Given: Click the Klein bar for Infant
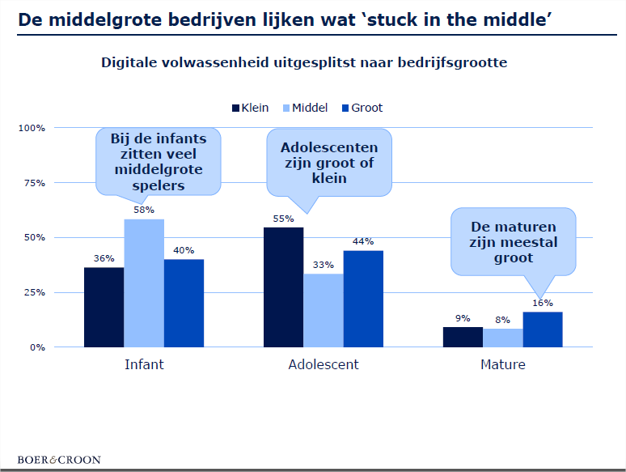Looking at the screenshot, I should (104, 307).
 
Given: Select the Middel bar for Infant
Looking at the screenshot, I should (144, 283).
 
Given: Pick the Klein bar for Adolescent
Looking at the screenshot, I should (283, 287).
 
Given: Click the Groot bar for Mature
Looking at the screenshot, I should (543, 330).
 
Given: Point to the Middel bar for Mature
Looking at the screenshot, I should (503, 338).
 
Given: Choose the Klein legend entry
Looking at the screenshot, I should (250, 108).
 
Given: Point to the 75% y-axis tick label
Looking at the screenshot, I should (33, 183).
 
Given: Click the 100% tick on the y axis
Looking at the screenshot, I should (32, 128).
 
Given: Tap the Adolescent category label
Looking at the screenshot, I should (324, 364).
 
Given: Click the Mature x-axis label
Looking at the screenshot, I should (503, 364).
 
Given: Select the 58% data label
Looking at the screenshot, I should (144, 210).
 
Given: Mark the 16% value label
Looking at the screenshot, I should (543, 303).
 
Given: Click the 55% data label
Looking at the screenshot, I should (283, 218).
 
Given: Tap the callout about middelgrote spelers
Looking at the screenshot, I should (159, 162).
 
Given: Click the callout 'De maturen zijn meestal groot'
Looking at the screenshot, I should (513, 240).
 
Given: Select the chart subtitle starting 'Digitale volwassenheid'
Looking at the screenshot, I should (304, 62).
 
